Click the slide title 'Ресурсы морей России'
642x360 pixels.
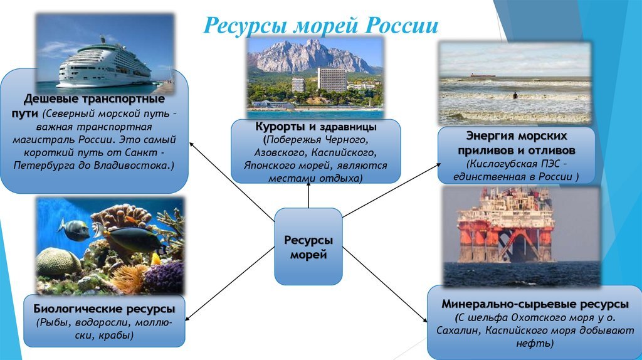320,25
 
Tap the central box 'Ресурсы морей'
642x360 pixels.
308,246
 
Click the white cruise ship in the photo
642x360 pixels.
105,64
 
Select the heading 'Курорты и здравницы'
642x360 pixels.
316,127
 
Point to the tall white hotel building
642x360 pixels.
332,80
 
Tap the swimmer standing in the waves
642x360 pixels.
515,96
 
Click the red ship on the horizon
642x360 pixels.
482,75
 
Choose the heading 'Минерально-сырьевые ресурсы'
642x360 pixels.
535,304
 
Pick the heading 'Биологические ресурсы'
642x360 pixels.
104,309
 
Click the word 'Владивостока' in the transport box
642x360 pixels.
131,166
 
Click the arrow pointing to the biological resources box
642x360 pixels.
229,283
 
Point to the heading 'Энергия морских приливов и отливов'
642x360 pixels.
517,143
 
